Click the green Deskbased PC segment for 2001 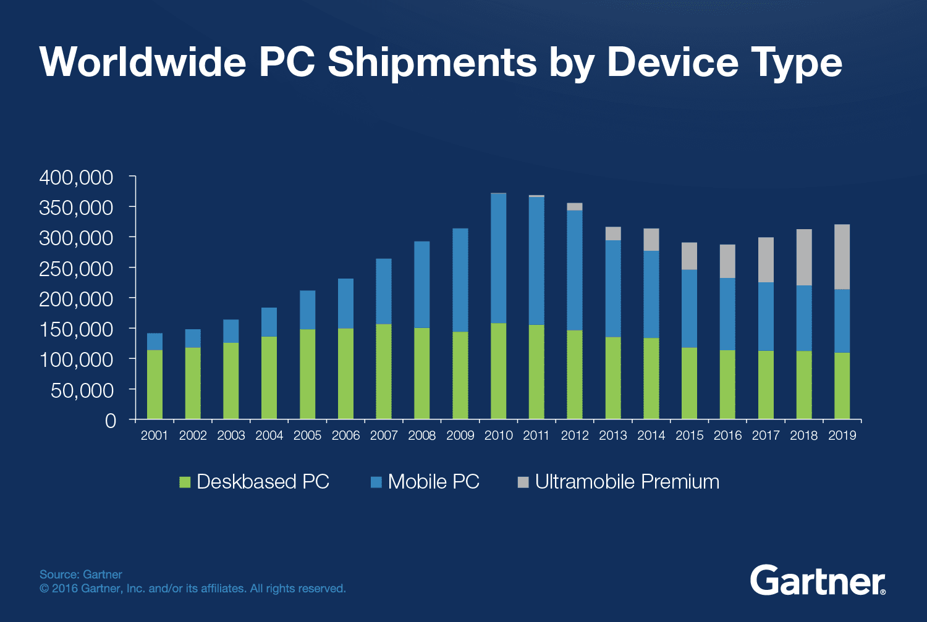point(154,384)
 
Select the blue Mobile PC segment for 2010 point(498,258)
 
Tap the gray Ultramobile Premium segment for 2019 point(842,257)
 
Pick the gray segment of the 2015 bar point(689,256)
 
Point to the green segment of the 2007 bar point(384,371)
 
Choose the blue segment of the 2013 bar point(613,288)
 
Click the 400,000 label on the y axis point(77,178)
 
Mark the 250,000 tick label point(77,269)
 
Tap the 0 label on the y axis point(111,421)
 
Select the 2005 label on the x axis point(307,435)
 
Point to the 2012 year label point(575,435)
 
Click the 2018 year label point(803,435)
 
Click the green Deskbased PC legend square point(185,482)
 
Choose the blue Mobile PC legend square point(376,482)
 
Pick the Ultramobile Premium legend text point(627,482)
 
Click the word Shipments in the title point(432,62)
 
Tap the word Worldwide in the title point(143,62)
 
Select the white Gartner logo point(818,580)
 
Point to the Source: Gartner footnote point(81,574)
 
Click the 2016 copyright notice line point(192,589)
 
